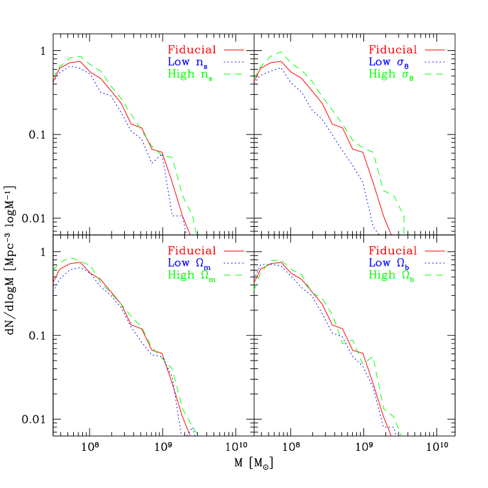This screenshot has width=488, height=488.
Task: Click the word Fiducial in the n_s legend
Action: pyautogui.click(x=191, y=50)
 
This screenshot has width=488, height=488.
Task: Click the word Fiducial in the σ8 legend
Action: pyautogui.click(x=393, y=50)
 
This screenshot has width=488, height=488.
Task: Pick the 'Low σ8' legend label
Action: pyautogui.click(x=390, y=63)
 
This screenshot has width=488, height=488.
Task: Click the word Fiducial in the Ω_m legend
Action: pyautogui.click(x=191, y=250)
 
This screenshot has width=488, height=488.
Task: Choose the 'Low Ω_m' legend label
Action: pyautogui.click(x=190, y=263)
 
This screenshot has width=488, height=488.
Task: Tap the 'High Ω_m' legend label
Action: pyautogui.click(x=190, y=276)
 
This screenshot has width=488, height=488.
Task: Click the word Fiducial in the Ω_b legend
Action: pyautogui.click(x=393, y=250)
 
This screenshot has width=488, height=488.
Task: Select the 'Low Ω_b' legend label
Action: pyautogui.click(x=391, y=263)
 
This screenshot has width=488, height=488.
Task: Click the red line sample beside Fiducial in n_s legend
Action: pyautogui.click(x=233, y=49)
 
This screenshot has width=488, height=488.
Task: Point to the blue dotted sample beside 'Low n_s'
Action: pyautogui.click(x=233, y=61)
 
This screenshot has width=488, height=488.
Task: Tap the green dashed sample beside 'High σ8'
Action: pyautogui.click(x=434, y=74)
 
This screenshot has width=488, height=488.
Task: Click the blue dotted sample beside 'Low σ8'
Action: pyautogui.click(x=434, y=61)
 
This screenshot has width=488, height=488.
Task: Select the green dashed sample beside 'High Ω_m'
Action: pyautogui.click(x=233, y=275)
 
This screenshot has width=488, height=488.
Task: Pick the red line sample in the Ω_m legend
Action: pyautogui.click(x=233, y=250)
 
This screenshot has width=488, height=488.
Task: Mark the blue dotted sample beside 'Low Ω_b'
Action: pyautogui.click(x=434, y=263)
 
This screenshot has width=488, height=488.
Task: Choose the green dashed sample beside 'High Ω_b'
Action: pyautogui.click(x=434, y=275)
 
